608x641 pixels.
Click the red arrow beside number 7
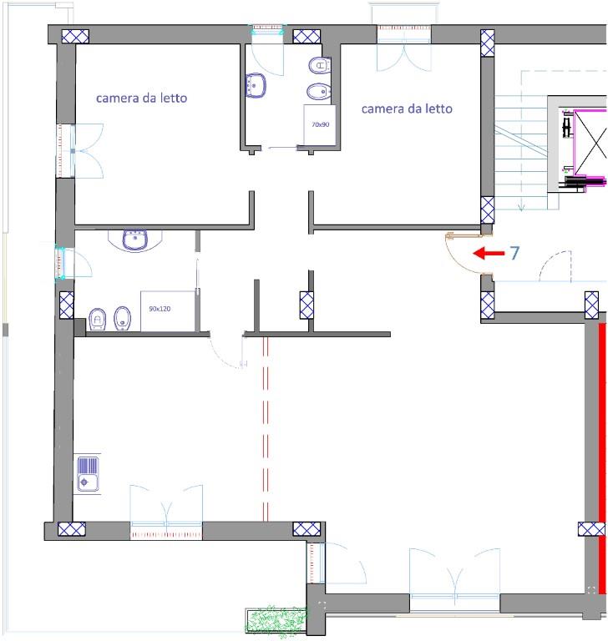(x=489, y=253)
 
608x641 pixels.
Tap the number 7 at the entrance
(x=514, y=253)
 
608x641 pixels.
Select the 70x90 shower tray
(x=320, y=124)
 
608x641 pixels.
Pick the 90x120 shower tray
(x=168, y=311)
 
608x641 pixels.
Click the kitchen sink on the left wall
(x=88, y=474)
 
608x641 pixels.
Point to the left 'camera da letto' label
(x=142, y=98)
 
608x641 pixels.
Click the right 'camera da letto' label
(x=407, y=109)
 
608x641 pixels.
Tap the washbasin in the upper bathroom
(x=256, y=85)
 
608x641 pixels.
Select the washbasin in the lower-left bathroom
(x=135, y=240)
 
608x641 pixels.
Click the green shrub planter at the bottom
(x=276, y=620)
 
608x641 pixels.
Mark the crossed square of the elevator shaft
(x=590, y=144)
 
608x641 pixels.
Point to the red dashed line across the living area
(x=266, y=429)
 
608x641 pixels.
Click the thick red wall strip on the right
(x=602, y=458)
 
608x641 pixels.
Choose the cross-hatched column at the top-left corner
(x=75, y=37)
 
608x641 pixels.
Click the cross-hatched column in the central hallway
(x=307, y=305)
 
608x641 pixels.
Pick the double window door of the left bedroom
(x=80, y=151)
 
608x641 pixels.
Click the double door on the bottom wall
(x=454, y=577)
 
